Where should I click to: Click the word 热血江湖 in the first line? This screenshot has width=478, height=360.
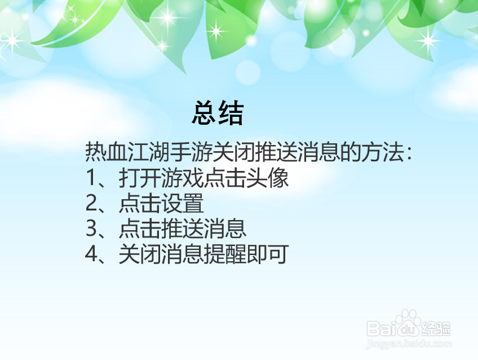(119, 153)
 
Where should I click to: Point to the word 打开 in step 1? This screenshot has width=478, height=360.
(136, 179)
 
